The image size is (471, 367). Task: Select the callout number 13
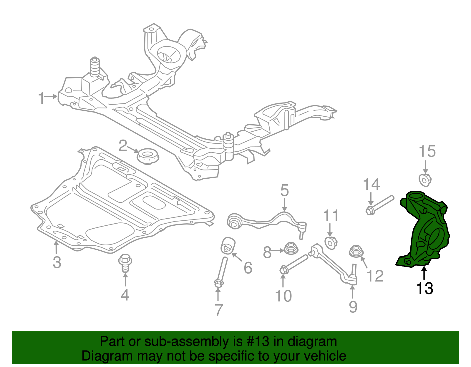tap(424, 289)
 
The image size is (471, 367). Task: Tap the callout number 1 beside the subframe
tap(41, 98)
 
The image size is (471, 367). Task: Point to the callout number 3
tap(57, 262)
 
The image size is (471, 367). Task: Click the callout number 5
tap(284, 191)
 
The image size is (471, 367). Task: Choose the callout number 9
tap(353, 306)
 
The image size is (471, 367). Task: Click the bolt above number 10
tap(294, 263)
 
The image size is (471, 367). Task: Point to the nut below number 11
tap(331, 243)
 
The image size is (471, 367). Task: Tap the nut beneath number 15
tap(425, 180)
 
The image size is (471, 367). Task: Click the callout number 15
tap(427, 152)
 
